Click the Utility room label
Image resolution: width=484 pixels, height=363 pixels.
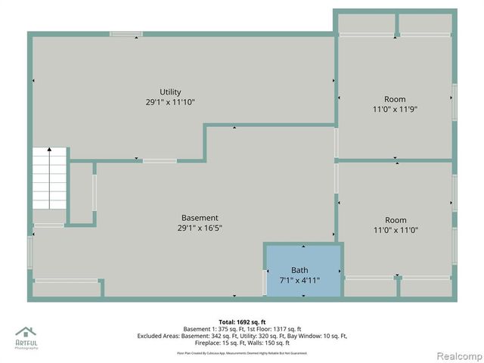pyautogui.click(x=170, y=92)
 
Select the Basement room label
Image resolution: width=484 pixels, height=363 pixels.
pyautogui.click(x=200, y=218)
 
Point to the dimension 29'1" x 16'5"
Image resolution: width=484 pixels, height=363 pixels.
pyautogui.click(x=200, y=228)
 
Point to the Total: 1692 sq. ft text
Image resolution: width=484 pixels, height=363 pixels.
pyautogui.click(x=242, y=321)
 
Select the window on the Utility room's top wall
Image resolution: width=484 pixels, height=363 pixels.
pyautogui.click(x=126, y=34)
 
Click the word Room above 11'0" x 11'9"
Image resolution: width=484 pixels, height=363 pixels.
pyautogui.click(x=395, y=99)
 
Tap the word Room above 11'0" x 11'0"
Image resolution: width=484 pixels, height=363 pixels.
pyautogui.click(x=395, y=220)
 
